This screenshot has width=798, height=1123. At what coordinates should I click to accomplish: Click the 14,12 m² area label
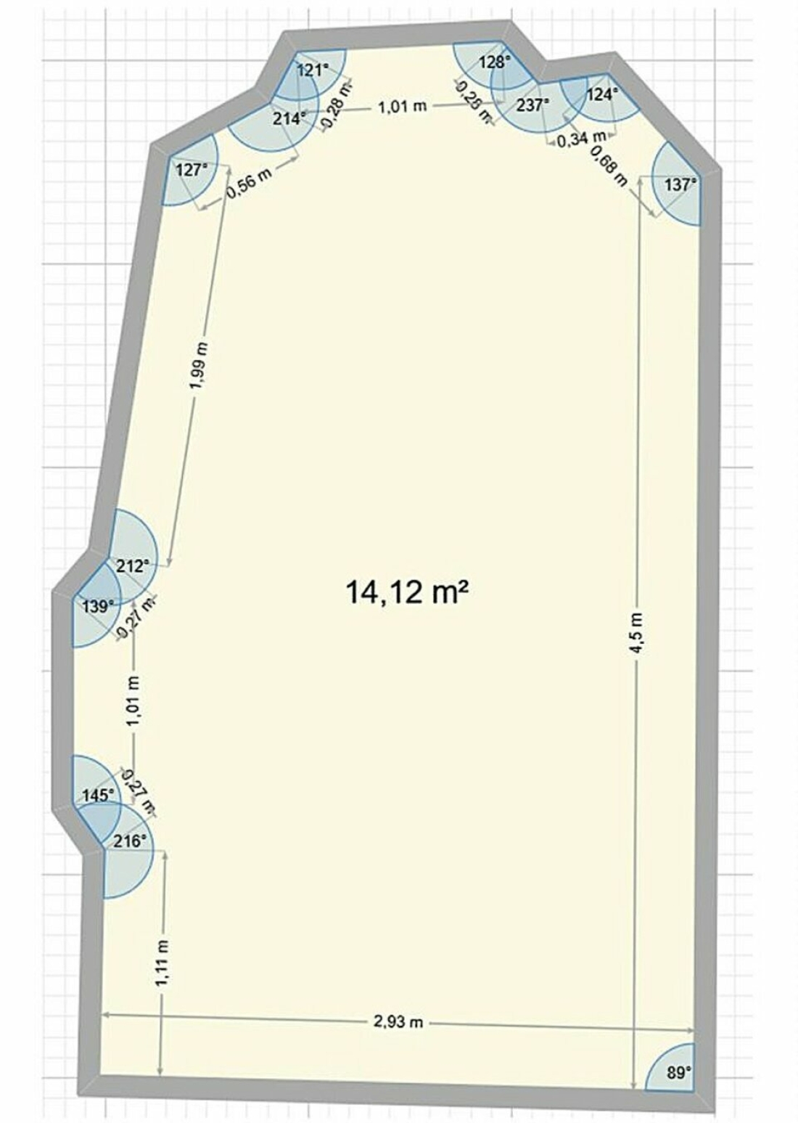coord(407,592)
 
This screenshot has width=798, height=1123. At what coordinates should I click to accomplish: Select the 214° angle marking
coord(289,119)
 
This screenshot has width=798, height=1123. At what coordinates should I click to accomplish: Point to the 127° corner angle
coord(191,171)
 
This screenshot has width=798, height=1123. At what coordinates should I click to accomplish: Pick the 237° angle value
coord(532,105)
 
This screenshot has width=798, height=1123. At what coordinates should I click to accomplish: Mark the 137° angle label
coord(680,184)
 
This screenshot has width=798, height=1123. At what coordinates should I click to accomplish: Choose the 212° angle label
coord(133,566)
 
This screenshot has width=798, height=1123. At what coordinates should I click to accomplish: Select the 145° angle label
coord(99,795)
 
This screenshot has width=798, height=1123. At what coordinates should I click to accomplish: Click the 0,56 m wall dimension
coord(250,183)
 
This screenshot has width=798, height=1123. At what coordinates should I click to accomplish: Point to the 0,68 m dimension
coord(609,166)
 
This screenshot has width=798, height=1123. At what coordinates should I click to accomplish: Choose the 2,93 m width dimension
coord(399,1020)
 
